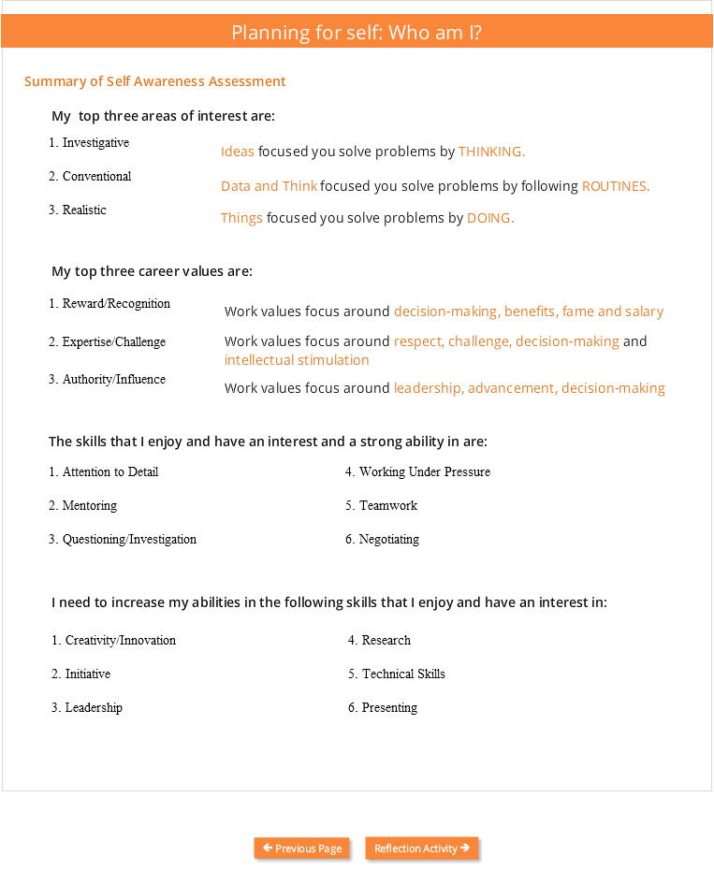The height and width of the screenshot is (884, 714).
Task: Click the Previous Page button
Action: pyautogui.click(x=302, y=848)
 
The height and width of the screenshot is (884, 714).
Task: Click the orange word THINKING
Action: pyautogui.click(x=491, y=152)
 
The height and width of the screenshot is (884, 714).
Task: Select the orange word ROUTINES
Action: pyautogui.click(x=615, y=186)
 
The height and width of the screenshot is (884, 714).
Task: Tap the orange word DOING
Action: pyautogui.click(x=490, y=218)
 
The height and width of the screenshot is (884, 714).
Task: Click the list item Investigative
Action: pyautogui.click(x=95, y=143)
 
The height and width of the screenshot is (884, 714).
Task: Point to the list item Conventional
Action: pyautogui.click(x=96, y=177)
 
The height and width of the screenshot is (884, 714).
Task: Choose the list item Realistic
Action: pyautogui.click(x=84, y=210)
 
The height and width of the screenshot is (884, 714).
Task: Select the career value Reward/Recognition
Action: pyautogui.click(x=116, y=304)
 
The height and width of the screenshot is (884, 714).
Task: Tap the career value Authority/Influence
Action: pyautogui.click(x=113, y=380)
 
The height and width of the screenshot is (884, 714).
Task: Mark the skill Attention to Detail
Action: pyautogui.click(x=109, y=472)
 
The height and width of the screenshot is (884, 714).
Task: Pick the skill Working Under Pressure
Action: pyautogui.click(x=424, y=472)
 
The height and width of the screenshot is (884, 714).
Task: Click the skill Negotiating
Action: pyautogui.click(x=388, y=540)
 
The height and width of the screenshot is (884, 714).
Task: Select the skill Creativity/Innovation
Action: pyautogui.click(x=120, y=641)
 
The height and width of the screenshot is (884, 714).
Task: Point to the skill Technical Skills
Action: pyautogui.click(x=403, y=674)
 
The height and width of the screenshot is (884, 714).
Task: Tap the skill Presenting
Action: pyautogui.click(x=389, y=708)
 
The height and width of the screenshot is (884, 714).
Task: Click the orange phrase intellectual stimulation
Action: pyautogui.click(x=297, y=360)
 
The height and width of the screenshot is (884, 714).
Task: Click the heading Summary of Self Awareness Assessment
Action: pyautogui.click(x=155, y=81)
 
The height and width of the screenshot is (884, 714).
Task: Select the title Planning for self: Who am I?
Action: pyautogui.click(x=357, y=33)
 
